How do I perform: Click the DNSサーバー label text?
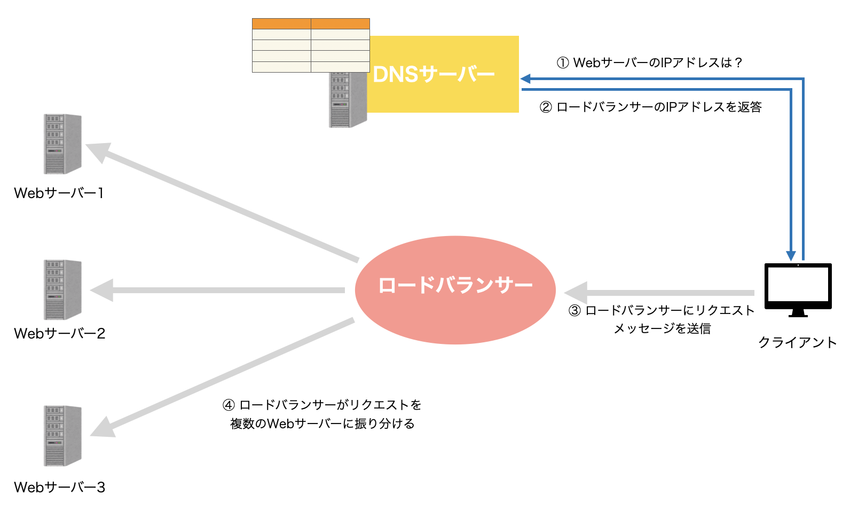[434, 74]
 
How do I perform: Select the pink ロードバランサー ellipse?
[455, 290]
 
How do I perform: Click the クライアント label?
[797, 342]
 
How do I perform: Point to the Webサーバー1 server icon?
[62, 144]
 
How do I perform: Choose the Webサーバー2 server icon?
[62, 290]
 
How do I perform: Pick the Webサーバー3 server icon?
[62, 436]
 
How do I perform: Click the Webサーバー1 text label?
[59, 193]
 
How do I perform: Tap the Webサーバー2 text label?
[59, 333]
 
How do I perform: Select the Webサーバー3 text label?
[59, 487]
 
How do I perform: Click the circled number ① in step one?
[563, 63]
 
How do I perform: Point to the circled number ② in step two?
[546, 107]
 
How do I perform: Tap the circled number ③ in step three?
[574, 311]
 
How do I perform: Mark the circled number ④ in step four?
[229, 405]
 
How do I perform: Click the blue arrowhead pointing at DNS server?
[526, 79]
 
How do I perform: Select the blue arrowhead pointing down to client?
[791, 256]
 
